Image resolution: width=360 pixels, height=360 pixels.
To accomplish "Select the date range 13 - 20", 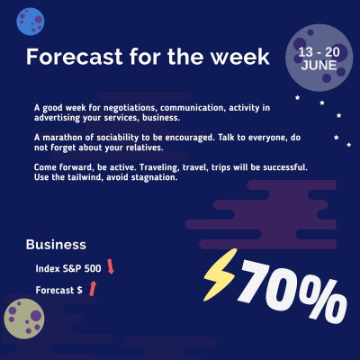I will (x=319, y=53).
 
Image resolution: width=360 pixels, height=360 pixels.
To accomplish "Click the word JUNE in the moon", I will (x=319, y=67).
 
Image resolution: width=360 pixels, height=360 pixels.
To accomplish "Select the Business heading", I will (x=56, y=245).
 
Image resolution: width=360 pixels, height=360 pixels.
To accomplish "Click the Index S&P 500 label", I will (x=67, y=268).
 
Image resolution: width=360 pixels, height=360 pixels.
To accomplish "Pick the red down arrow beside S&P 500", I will (x=111, y=266).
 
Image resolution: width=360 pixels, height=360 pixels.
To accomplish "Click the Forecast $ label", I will (x=58, y=290).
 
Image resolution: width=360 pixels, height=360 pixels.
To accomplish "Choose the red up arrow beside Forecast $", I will (x=92, y=288).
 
